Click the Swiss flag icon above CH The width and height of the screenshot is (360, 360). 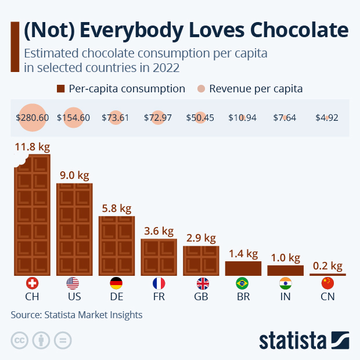33,283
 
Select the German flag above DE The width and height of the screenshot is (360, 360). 116,283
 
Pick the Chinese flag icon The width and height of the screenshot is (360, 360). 327,283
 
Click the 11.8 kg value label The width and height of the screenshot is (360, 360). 33,147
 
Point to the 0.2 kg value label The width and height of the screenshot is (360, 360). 327,266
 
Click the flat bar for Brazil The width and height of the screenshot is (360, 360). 243,268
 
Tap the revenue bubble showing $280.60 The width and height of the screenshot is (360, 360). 33,117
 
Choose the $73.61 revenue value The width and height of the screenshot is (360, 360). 116,117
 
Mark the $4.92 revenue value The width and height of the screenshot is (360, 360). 326,117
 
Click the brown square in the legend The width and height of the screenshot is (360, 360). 60,89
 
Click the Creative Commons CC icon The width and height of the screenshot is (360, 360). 20,340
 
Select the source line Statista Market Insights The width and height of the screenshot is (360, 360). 76,315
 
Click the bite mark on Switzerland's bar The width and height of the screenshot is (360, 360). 21,160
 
